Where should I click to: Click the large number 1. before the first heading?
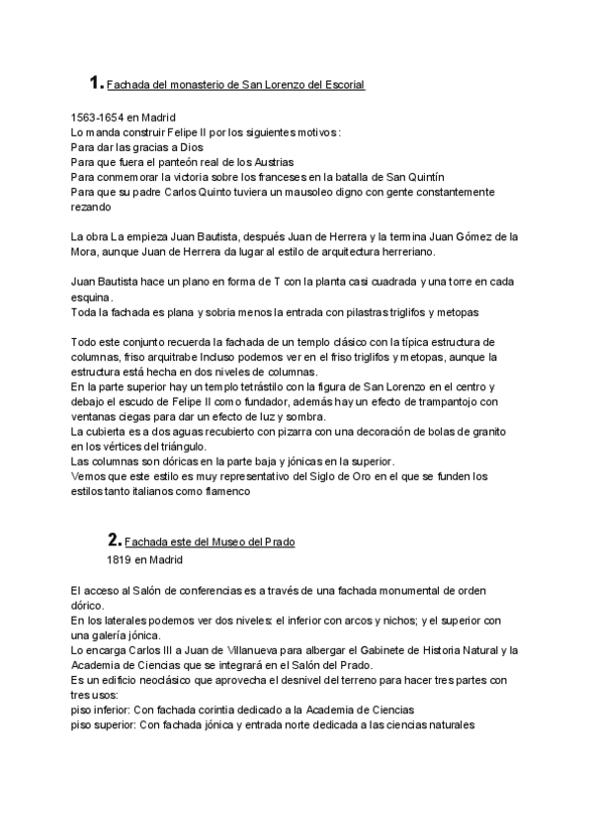[95, 83]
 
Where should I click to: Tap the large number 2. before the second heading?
[114, 541]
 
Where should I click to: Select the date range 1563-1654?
[98, 118]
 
